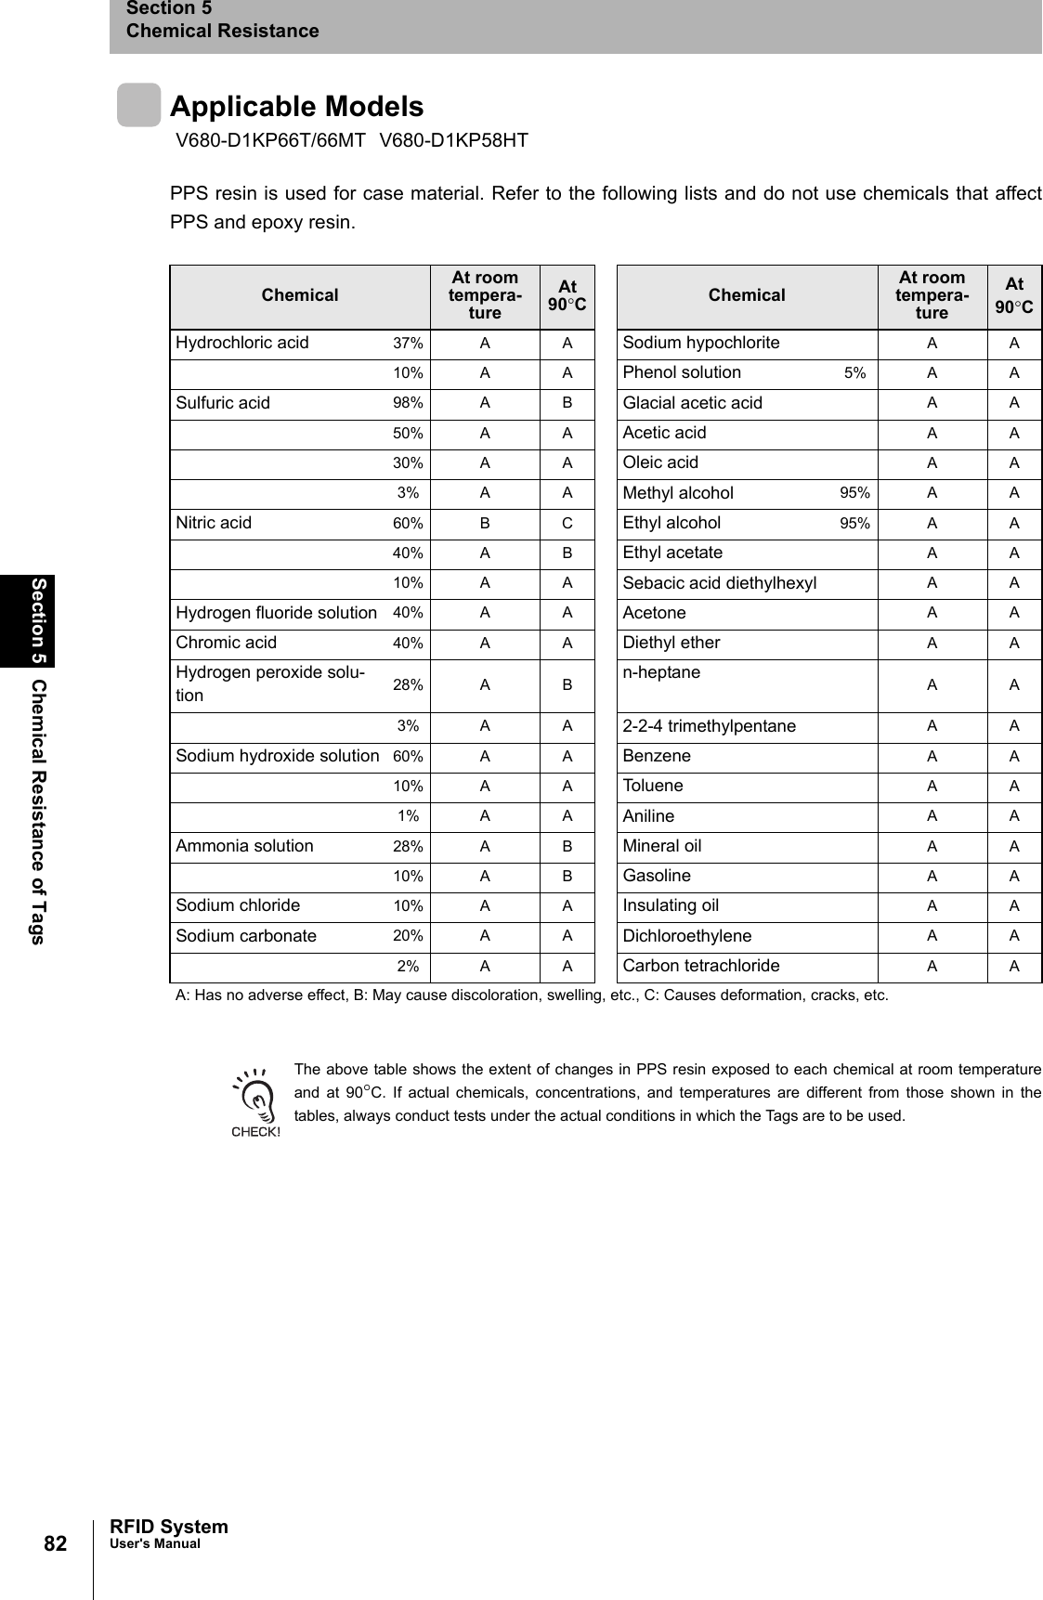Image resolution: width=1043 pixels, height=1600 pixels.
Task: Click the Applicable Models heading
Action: tap(296, 107)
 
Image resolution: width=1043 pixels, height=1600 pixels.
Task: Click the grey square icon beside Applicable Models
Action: tap(138, 105)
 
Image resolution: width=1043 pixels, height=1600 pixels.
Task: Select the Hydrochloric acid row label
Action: tap(242, 343)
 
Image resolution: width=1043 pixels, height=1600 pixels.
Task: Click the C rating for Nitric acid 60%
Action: tap(567, 523)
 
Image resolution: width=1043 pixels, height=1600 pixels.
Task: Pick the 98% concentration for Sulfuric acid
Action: tap(408, 403)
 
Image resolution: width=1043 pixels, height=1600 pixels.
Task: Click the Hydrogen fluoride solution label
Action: tap(277, 613)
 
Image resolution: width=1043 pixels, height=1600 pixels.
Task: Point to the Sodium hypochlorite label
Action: tap(701, 343)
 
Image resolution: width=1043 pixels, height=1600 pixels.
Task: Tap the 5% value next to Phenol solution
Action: tap(854, 373)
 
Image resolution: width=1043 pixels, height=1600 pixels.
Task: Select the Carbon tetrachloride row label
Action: tap(701, 966)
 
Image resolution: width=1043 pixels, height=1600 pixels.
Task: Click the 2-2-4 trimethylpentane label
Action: tap(709, 726)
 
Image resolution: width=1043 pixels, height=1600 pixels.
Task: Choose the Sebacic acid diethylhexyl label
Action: tap(720, 583)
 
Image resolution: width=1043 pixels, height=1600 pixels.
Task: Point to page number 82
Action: tap(55, 1543)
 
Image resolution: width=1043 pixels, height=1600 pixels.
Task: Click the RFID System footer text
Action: tap(168, 1527)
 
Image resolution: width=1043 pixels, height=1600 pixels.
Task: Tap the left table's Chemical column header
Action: tap(299, 295)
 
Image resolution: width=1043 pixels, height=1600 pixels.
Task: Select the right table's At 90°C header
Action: tap(1014, 295)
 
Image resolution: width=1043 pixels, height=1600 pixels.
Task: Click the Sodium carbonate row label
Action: tap(246, 936)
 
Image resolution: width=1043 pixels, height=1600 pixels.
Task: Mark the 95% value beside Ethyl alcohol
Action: tap(854, 523)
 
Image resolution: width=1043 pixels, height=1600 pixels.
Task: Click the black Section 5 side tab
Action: tap(39, 620)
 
